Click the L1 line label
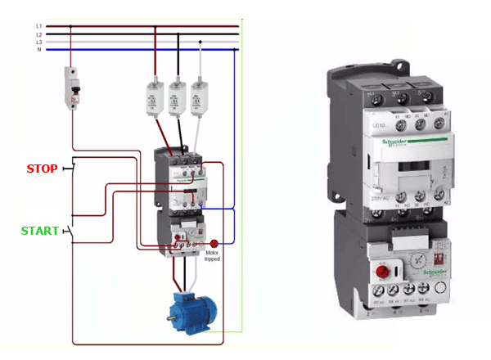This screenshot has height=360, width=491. [x=38, y=26]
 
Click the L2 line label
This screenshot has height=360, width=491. [x=38, y=34]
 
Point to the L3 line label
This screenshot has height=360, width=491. [x=38, y=42]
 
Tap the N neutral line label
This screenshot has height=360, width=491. [x=38, y=49]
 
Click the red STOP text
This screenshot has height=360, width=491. [x=42, y=169]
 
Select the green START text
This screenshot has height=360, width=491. [x=39, y=231]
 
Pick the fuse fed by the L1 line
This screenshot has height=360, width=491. [x=153, y=96]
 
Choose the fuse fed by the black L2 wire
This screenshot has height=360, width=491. [x=175, y=96]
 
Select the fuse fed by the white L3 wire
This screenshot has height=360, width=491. [x=197, y=96]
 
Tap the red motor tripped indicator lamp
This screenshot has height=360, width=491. [x=214, y=243]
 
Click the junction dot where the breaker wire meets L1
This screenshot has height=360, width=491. [x=71, y=26]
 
